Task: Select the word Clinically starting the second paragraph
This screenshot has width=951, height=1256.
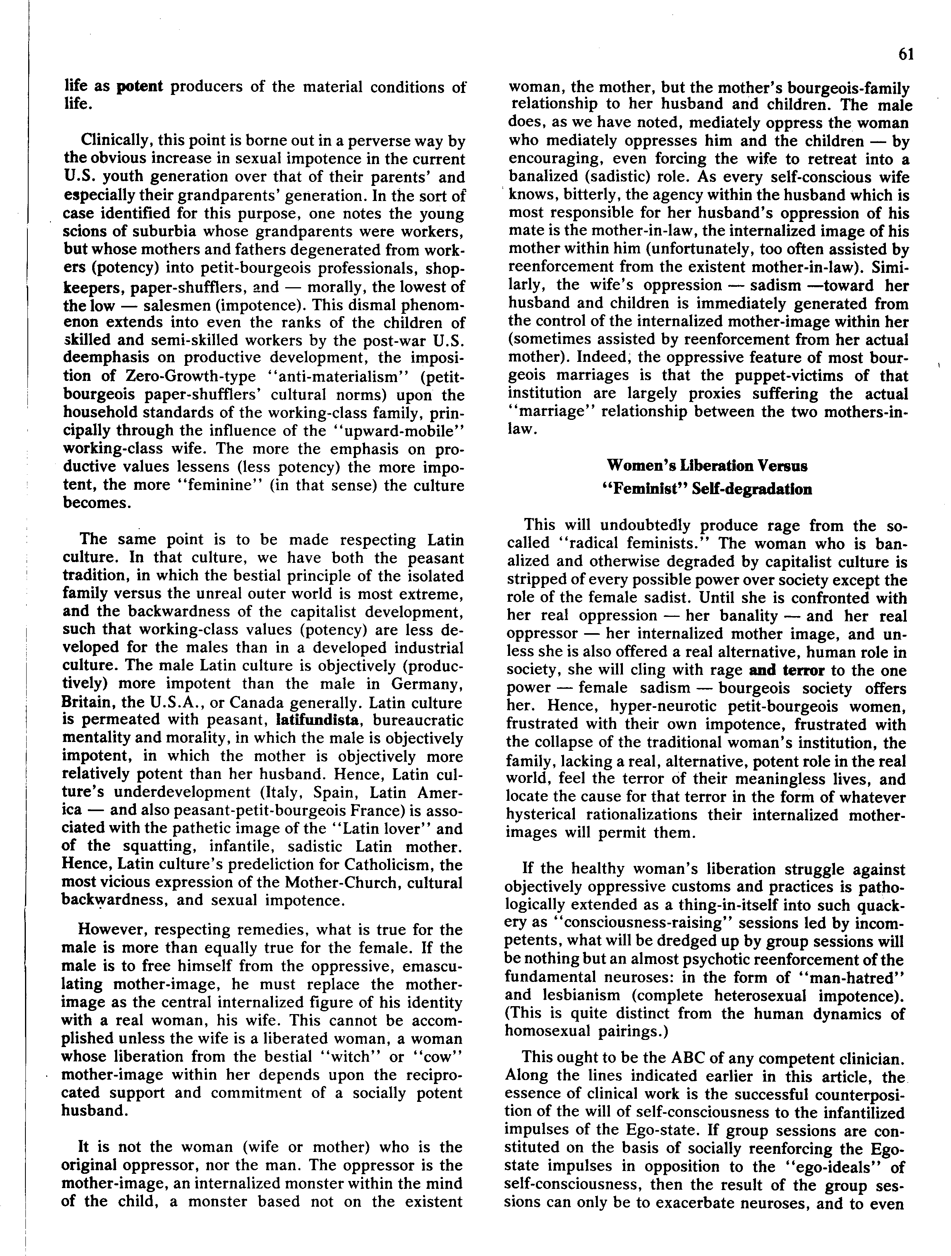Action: pyautogui.click(x=116, y=140)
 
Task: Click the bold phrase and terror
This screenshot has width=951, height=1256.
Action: pyautogui.click(x=787, y=670)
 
